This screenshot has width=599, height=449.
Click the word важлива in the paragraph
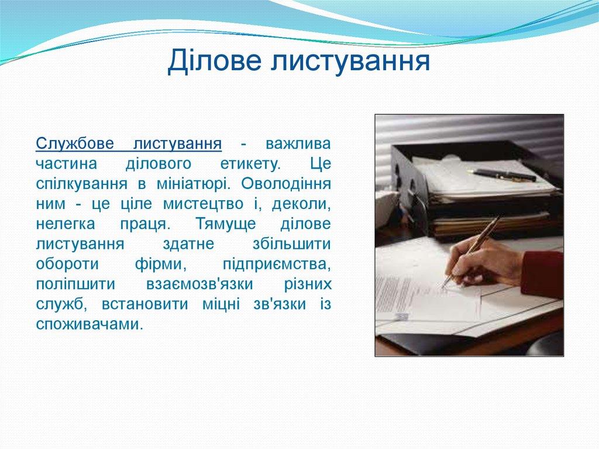(298, 143)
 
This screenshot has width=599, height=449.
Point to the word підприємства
(277, 265)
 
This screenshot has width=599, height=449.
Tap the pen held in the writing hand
(474, 249)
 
